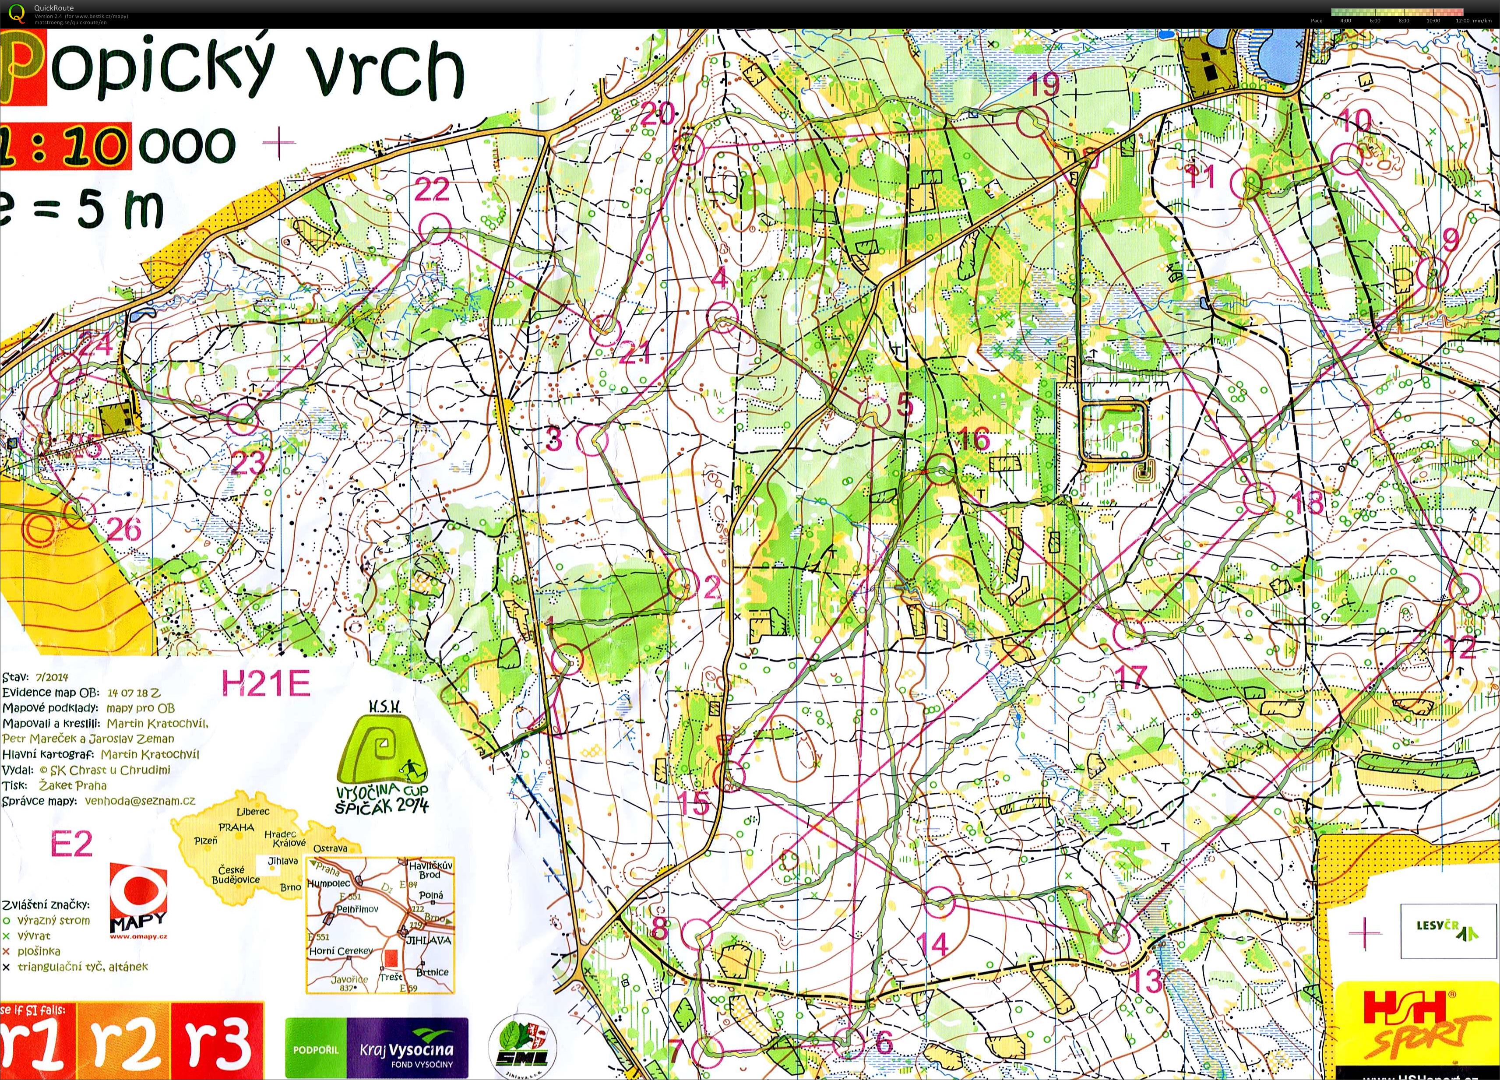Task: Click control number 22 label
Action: coord(432,190)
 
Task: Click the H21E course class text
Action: coord(265,684)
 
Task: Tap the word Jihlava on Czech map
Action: coord(282,860)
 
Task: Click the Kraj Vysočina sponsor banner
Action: coord(377,1048)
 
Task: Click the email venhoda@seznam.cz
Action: coord(140,801)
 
